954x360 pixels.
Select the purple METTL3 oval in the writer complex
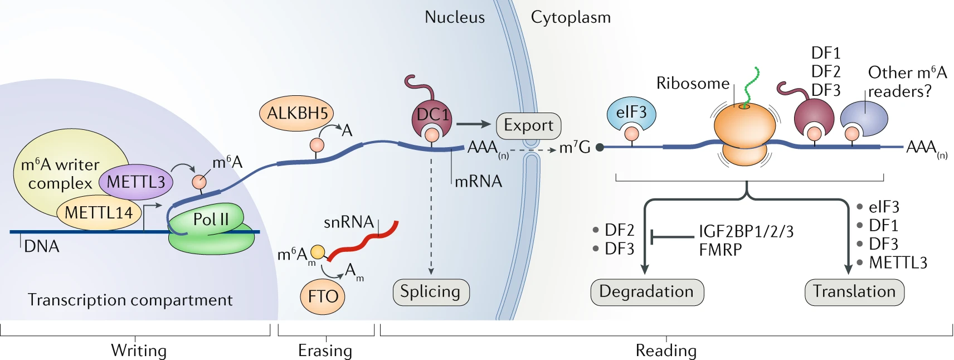point(135,182)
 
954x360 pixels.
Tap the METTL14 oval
point(98,213)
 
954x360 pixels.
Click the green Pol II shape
point(209,220)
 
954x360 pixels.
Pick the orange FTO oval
point(323,296)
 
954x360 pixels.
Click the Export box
point(528,125)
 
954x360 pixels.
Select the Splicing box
point(430,292)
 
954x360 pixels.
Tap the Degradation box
point(646,292)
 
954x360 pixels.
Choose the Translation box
point(854,292)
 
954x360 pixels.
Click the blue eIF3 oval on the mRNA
point(631,113)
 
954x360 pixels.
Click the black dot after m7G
point(600,148)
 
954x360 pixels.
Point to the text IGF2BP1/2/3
point(746,231)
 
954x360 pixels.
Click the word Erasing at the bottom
point(325,351)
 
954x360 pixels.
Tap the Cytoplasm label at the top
point(570,17)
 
